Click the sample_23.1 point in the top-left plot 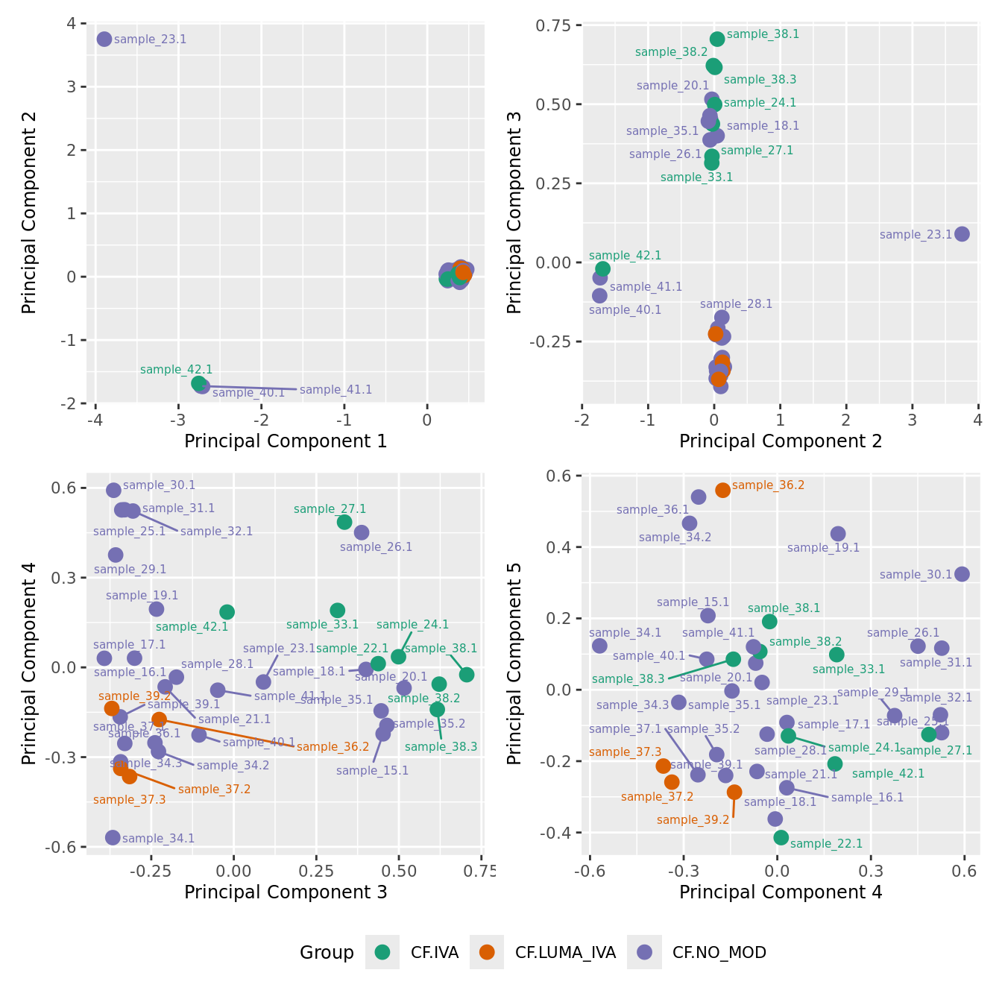104,39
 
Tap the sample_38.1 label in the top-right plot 763,34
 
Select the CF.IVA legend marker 382,952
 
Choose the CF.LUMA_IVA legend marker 487,952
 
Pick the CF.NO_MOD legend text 719,952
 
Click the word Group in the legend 327,952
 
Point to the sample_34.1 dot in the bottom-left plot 113,837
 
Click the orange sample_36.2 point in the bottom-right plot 722,490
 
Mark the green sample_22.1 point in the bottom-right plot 781,837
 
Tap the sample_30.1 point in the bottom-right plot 962,574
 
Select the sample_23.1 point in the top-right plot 962,234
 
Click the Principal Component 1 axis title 286,441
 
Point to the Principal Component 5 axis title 514,663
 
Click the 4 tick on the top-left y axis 72,23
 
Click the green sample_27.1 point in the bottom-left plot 344,522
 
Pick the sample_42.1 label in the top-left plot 176,370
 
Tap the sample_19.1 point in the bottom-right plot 838,534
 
